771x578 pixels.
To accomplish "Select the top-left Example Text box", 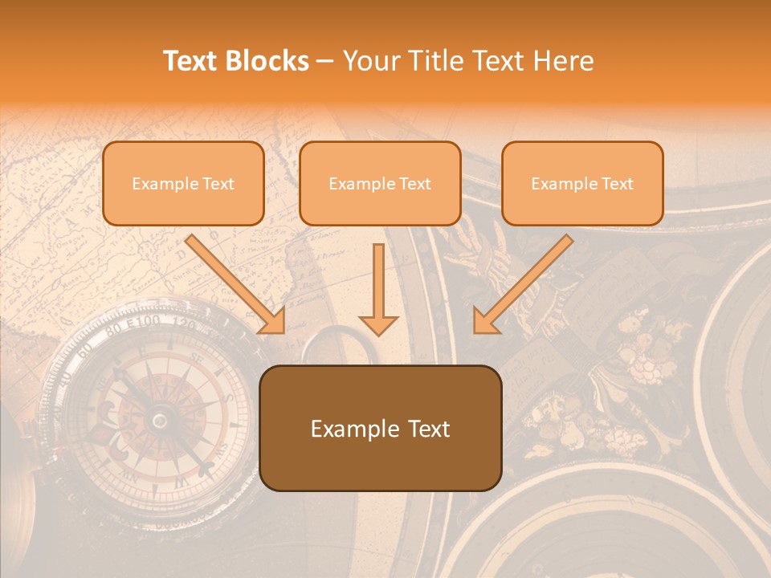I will pos(183,183).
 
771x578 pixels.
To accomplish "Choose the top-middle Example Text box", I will pos(380,183).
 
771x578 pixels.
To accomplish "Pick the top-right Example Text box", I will pos(582,183).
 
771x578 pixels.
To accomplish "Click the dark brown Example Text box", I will pos(380,428).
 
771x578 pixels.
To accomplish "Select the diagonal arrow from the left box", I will pos(235,283).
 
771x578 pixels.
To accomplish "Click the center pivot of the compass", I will pos(160,419).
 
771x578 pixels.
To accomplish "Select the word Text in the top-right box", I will pos(617,184).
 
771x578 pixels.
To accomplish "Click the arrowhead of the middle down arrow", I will pos(378,324).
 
